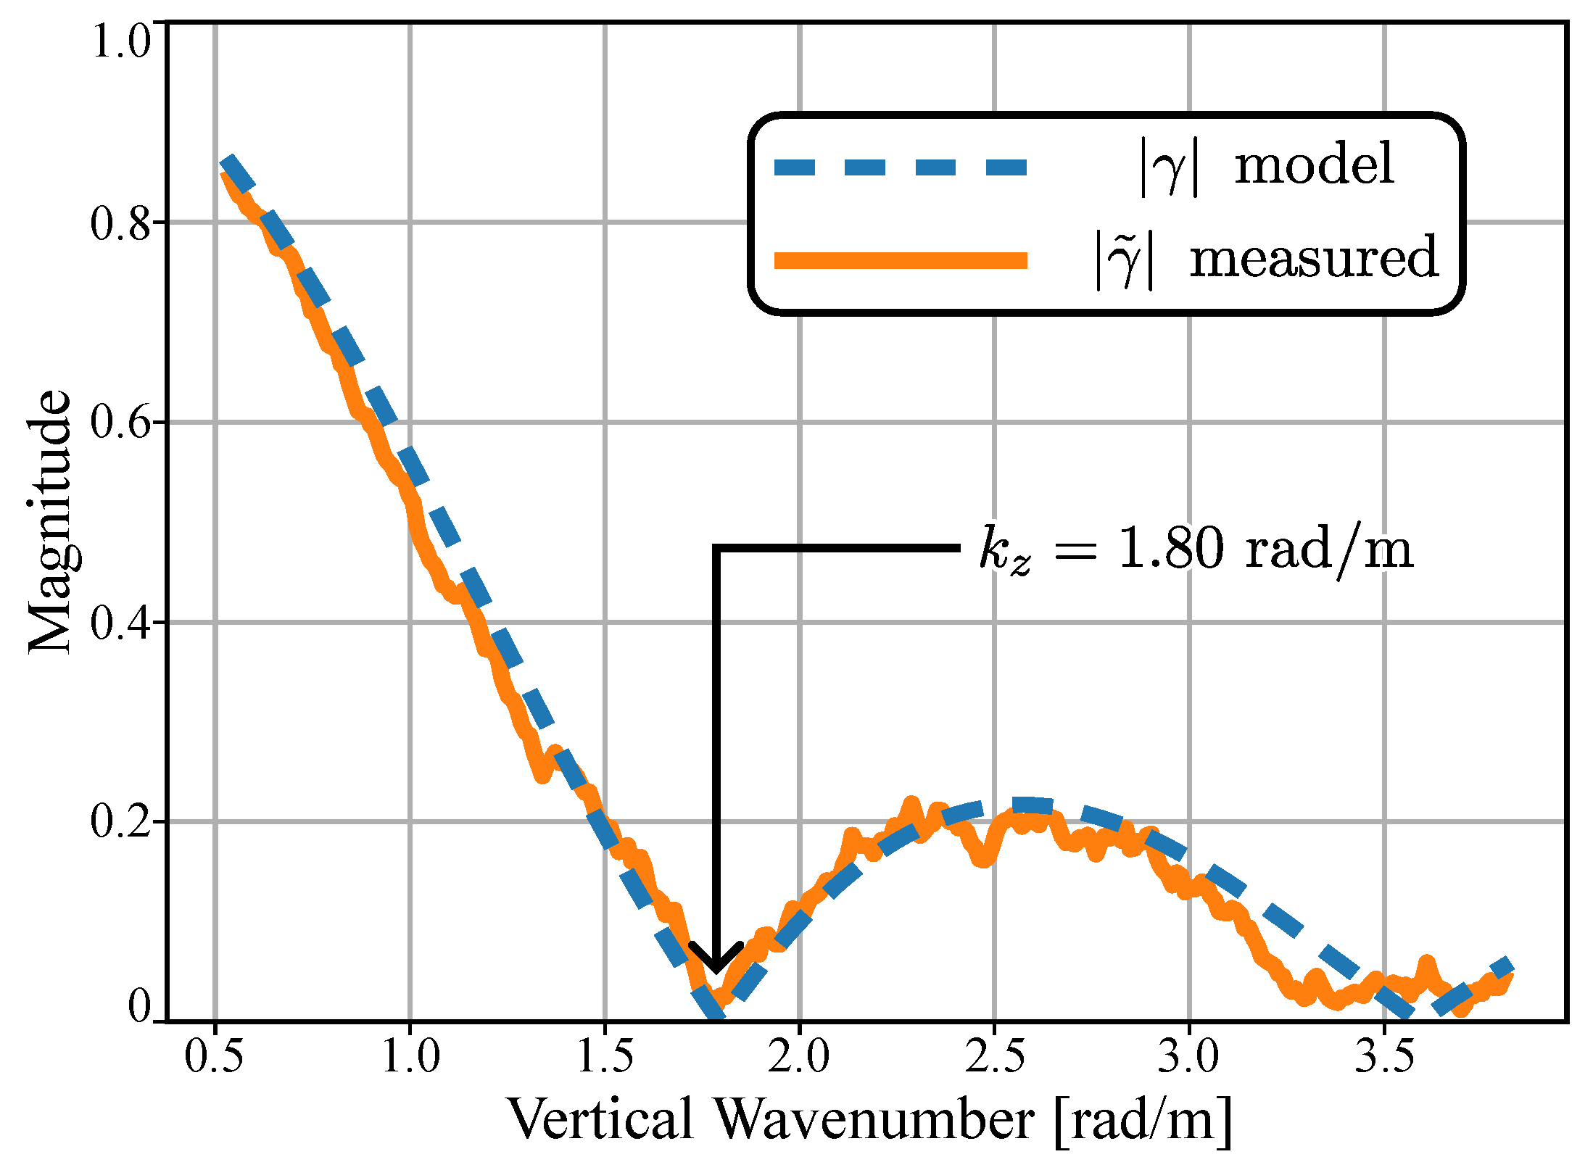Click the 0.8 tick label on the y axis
coord(120,223)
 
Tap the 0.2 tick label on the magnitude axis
coord(120,822)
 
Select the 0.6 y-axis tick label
coord(120,423)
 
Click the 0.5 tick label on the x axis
coord(214,1056)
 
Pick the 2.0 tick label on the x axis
coord(798,1056)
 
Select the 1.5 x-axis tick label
coord(604,1056)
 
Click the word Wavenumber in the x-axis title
coord(874,1120)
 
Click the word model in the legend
coord(1314,165)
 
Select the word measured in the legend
coord(1314,258)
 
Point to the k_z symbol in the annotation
coord(1004,551)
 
